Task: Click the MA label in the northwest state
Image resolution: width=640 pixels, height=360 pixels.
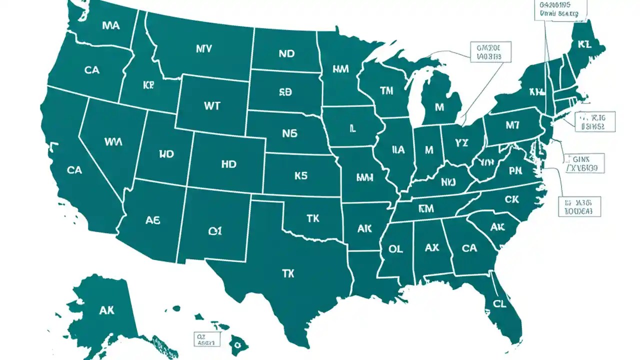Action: coord(110,25)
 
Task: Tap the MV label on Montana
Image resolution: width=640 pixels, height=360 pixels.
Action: coord(204,49)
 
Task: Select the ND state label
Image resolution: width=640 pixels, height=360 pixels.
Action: coord(286,53)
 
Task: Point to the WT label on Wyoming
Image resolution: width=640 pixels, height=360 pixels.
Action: coord(212,106)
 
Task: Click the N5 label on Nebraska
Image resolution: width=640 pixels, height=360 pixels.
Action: coord(289,133)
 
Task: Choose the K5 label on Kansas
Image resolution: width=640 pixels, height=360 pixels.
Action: coord(300,175)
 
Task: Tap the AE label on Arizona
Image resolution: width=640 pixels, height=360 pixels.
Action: coord(152,220)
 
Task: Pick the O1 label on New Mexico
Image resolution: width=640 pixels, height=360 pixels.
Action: coord(215,231)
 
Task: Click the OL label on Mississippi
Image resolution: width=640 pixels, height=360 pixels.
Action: coord(395,248)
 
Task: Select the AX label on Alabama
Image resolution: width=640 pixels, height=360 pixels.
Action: coord(431,247)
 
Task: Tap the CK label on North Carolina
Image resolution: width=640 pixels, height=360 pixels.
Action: coord(512,199)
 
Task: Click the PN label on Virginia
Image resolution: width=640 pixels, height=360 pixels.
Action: coord(515,171)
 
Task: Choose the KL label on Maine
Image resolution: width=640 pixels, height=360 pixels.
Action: coord(584,44)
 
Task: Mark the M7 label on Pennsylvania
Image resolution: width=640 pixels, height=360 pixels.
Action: coord(512,125)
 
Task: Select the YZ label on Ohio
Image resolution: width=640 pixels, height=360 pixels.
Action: coord(462,143)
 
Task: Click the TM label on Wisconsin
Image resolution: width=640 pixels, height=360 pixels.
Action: coord(386,90)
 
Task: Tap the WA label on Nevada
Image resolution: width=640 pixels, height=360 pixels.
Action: coord(113,141)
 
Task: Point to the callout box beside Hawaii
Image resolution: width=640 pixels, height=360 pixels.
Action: coord(206,339)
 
